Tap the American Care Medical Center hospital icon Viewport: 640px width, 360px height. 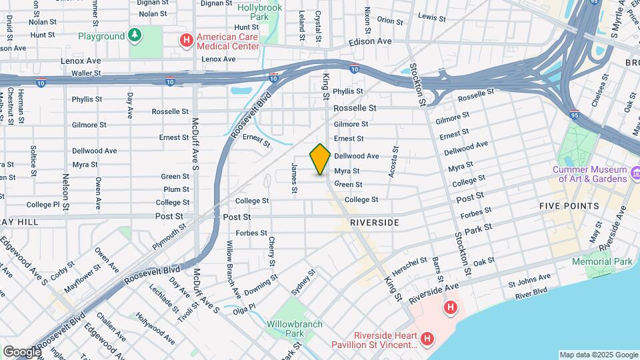tap(187, 41)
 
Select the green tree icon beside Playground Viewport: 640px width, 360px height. tap(136, 35)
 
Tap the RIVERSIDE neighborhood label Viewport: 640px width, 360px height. tap(374, 222)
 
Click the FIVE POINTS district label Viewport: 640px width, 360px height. tap(569, 206)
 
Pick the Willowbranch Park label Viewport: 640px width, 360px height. tap(295, 329)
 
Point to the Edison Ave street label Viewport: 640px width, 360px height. tap(370, 41)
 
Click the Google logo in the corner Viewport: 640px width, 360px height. tap(21, 352)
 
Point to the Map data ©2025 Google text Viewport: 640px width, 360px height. tap(598, 355)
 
